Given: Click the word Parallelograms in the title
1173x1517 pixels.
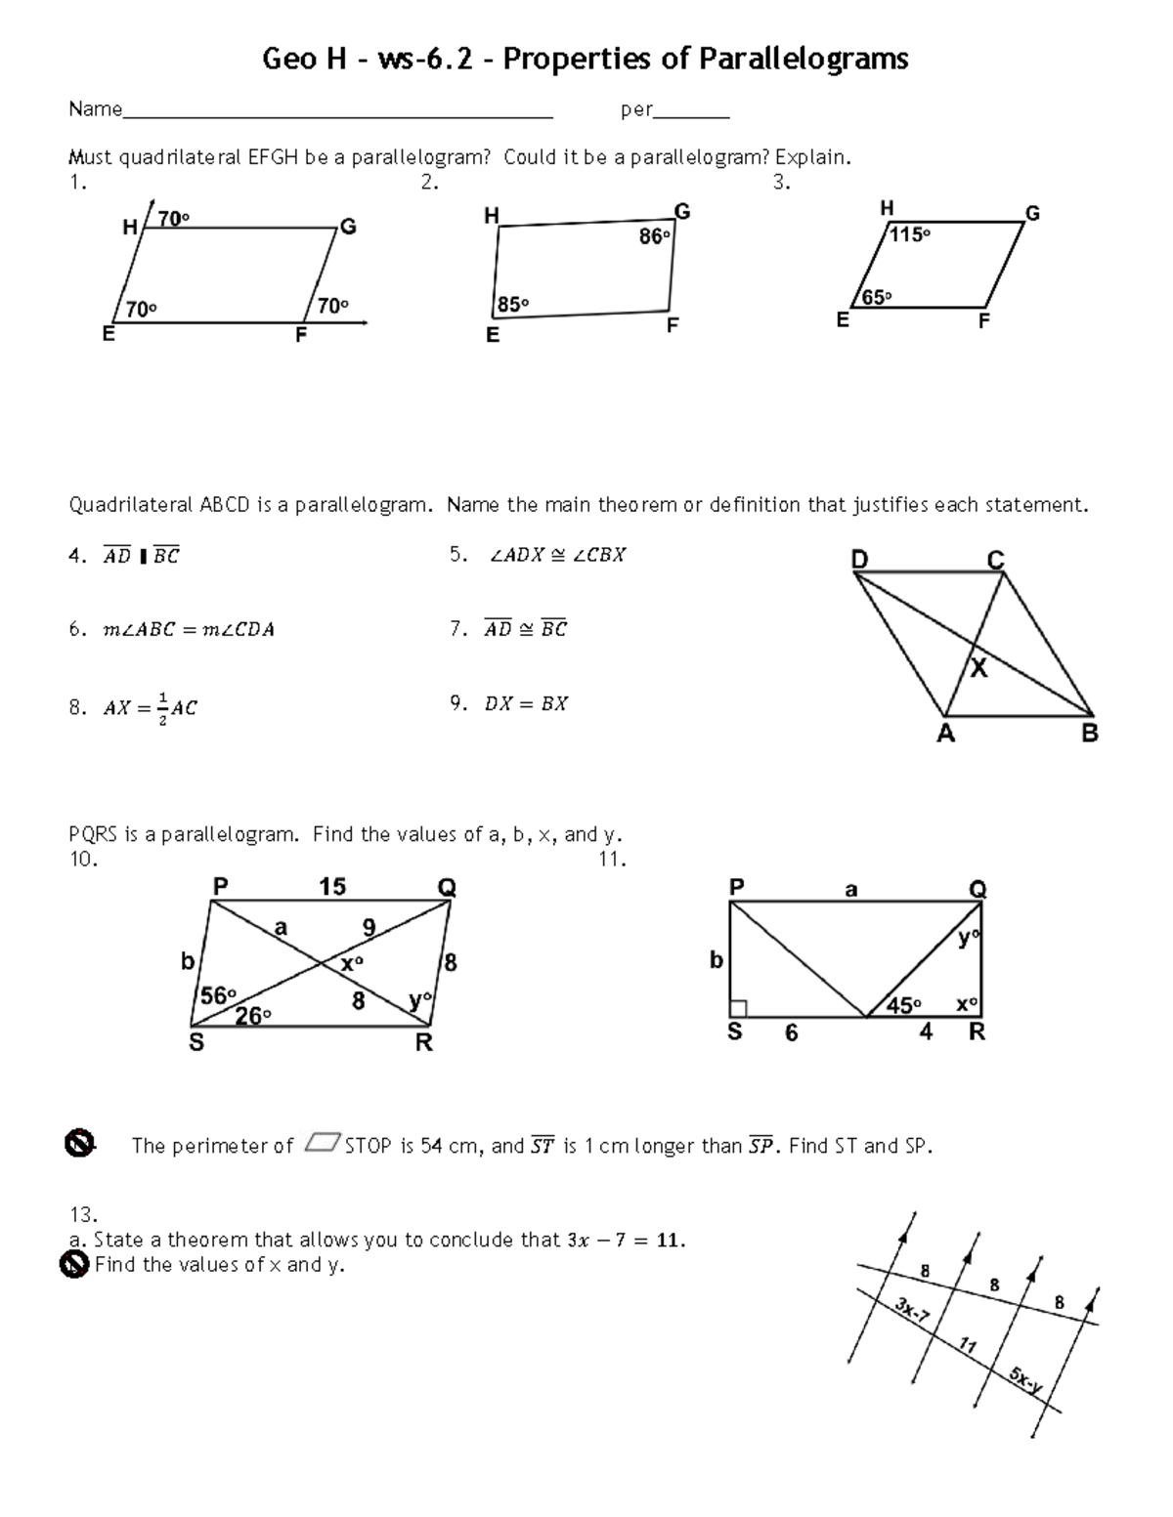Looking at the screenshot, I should point(802,60).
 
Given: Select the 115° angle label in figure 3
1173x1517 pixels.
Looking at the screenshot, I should point(909,234).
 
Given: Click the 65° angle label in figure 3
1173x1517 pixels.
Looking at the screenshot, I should point(875,298).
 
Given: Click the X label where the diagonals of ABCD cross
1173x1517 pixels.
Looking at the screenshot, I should point(977,669).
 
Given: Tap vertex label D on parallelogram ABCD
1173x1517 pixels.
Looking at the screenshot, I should point(859,560).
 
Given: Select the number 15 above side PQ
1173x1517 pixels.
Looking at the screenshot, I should point(332,886).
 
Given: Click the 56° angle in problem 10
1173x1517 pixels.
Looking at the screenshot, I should point(217,995).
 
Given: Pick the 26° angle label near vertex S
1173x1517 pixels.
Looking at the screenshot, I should point(252,1016).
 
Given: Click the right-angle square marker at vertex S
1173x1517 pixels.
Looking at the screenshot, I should point(738,1008).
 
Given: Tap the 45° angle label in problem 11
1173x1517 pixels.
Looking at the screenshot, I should point(902,1006).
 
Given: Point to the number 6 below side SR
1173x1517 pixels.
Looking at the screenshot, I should point(791,1033).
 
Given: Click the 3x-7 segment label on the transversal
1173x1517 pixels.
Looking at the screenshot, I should point(911,1311).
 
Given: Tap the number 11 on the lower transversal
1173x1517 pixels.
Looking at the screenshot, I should point(967,1346).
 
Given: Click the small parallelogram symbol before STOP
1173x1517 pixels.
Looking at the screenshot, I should point(323,1143).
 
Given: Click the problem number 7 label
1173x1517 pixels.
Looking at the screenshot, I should point(457,630).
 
